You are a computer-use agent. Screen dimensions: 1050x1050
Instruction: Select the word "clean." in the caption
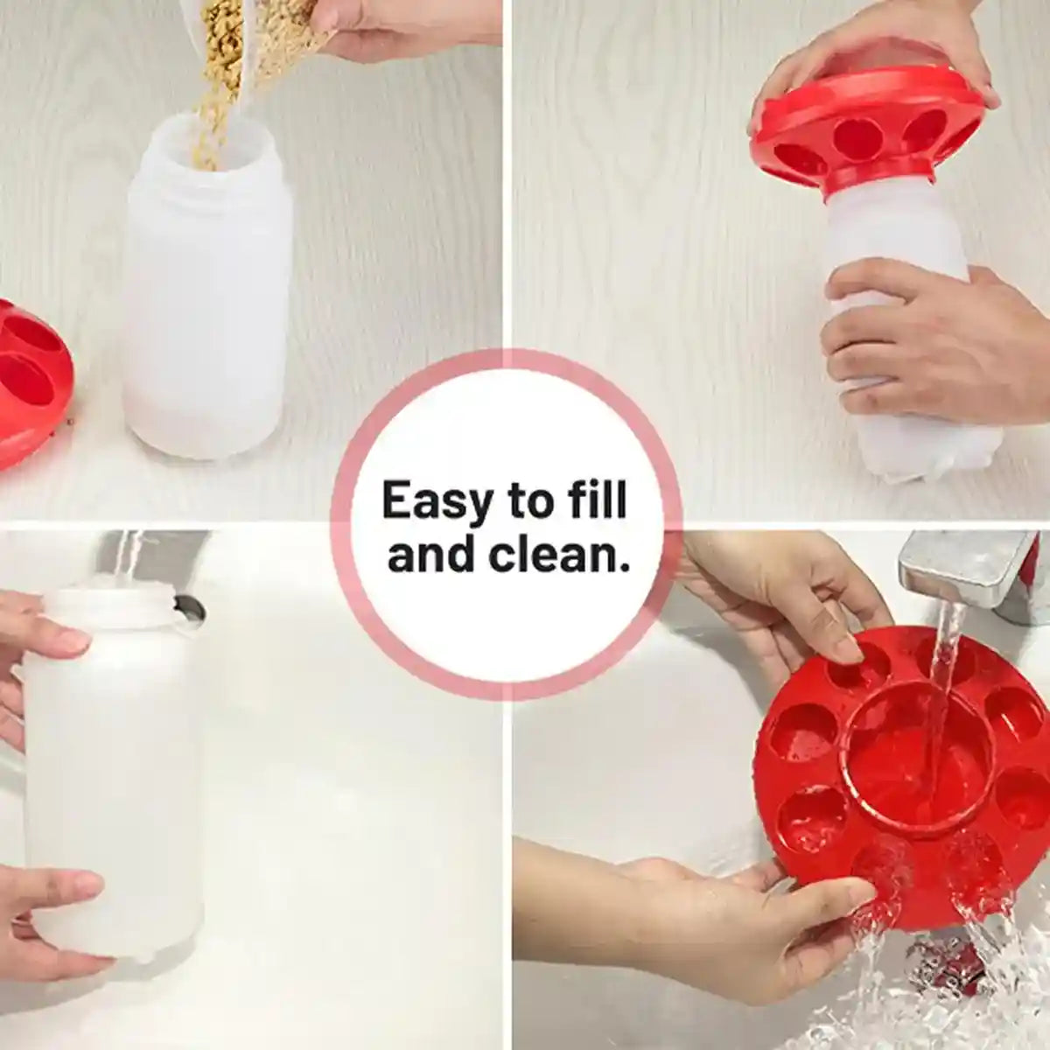point(561,555)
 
